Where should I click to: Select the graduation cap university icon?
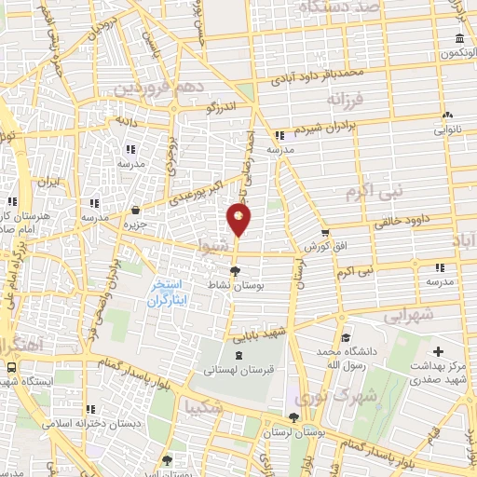point(345,337)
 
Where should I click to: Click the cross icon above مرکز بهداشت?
point(439,352)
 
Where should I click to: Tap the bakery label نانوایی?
point(447,130)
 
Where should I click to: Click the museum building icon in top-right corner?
point(460,38)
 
